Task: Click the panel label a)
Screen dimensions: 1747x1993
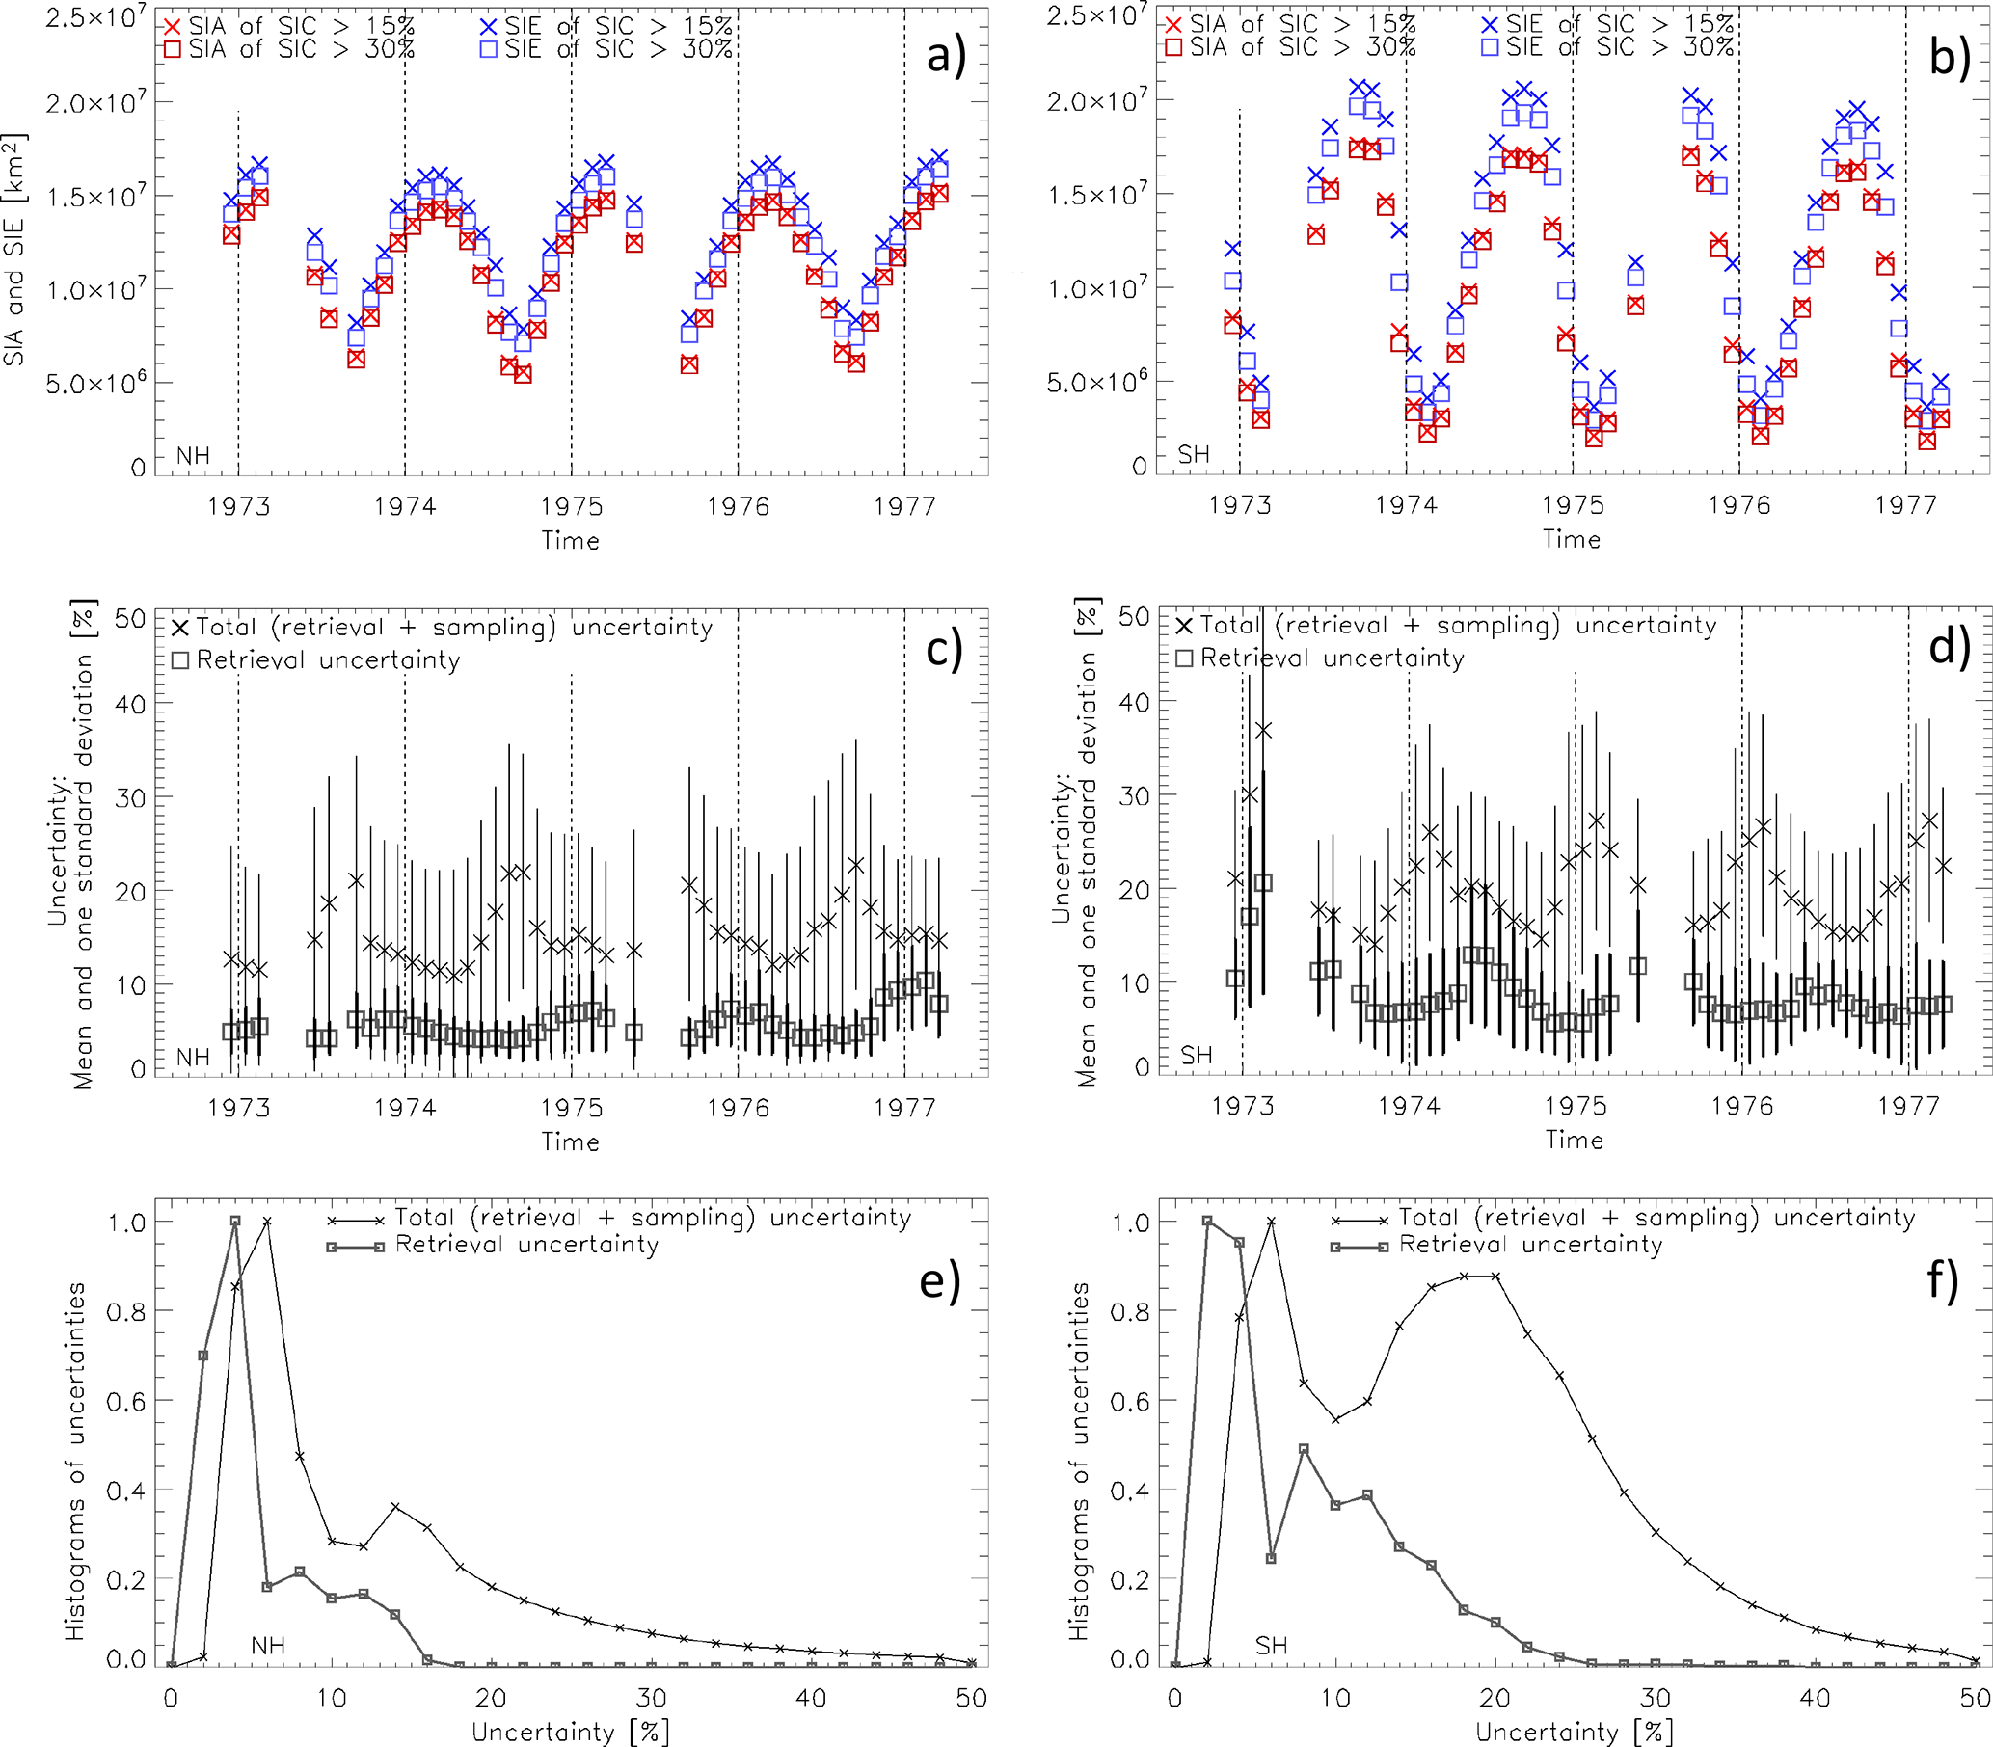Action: coord(945,56)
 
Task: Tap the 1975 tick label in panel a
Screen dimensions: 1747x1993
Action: coord(572,506)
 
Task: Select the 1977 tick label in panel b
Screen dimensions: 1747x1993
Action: coord(1905,505)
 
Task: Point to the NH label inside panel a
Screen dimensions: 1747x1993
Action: coord(193,455)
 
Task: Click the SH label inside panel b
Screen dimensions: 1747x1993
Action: coord(1194,454)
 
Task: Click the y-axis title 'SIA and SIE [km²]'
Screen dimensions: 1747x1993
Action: coord(14,249)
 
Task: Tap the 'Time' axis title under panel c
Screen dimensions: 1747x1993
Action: coord(571,1141)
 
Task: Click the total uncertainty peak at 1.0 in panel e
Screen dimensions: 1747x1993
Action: coord(267,1221)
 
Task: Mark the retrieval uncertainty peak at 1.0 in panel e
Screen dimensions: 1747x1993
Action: coord(235,1221)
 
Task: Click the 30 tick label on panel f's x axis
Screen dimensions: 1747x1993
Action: coord(1655,1699)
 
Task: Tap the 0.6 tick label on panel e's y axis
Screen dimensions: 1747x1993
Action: coord(125,1402)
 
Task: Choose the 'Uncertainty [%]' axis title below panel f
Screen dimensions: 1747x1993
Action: coord(1574,1731)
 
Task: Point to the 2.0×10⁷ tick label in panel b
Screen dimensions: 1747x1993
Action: coord(1097,100)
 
